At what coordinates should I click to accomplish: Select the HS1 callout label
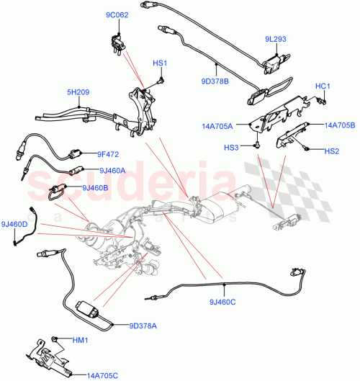pos(159,63)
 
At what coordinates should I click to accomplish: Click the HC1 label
pos(323,87)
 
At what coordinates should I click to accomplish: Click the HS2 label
pos(331,151)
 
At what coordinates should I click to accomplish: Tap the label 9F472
pos(108,153)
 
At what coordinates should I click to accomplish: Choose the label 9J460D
pos(14,225)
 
